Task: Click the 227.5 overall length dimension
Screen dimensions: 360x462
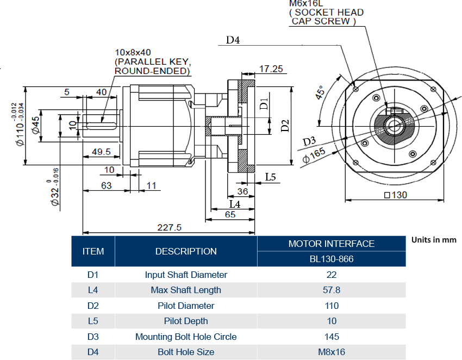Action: click(x=170, y=228)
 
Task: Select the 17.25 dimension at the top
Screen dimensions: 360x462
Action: click(x=271, y=69)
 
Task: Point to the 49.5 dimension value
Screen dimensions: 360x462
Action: click(x=101, y=152)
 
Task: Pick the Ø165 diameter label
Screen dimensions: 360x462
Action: click(x=314, y=156)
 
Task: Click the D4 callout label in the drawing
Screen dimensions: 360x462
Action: click(x=233, y=40)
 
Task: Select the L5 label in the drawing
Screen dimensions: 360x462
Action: click(x=271, y=177)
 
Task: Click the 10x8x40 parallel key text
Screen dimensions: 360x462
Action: click(x=133, y=52)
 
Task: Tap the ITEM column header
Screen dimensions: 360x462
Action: click(x=93, y=251)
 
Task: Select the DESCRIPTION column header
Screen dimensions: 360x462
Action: click(x=186, y=251)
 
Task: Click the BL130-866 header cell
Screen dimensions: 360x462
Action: click(x=332, y=259)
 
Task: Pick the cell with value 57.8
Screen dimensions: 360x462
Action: click(x=332, y=290)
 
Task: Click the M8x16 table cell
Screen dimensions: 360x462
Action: click(x=332, y=352)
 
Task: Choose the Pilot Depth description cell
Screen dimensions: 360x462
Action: click(x=186, y=321)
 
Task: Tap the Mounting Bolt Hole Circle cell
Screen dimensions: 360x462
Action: click(x=186, y=337)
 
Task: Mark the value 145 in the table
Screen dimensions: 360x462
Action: click(x=332, y=337)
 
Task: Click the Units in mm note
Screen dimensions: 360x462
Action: click(x=434, y=240)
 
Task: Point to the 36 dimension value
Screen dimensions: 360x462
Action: click(x=242, y=191)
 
